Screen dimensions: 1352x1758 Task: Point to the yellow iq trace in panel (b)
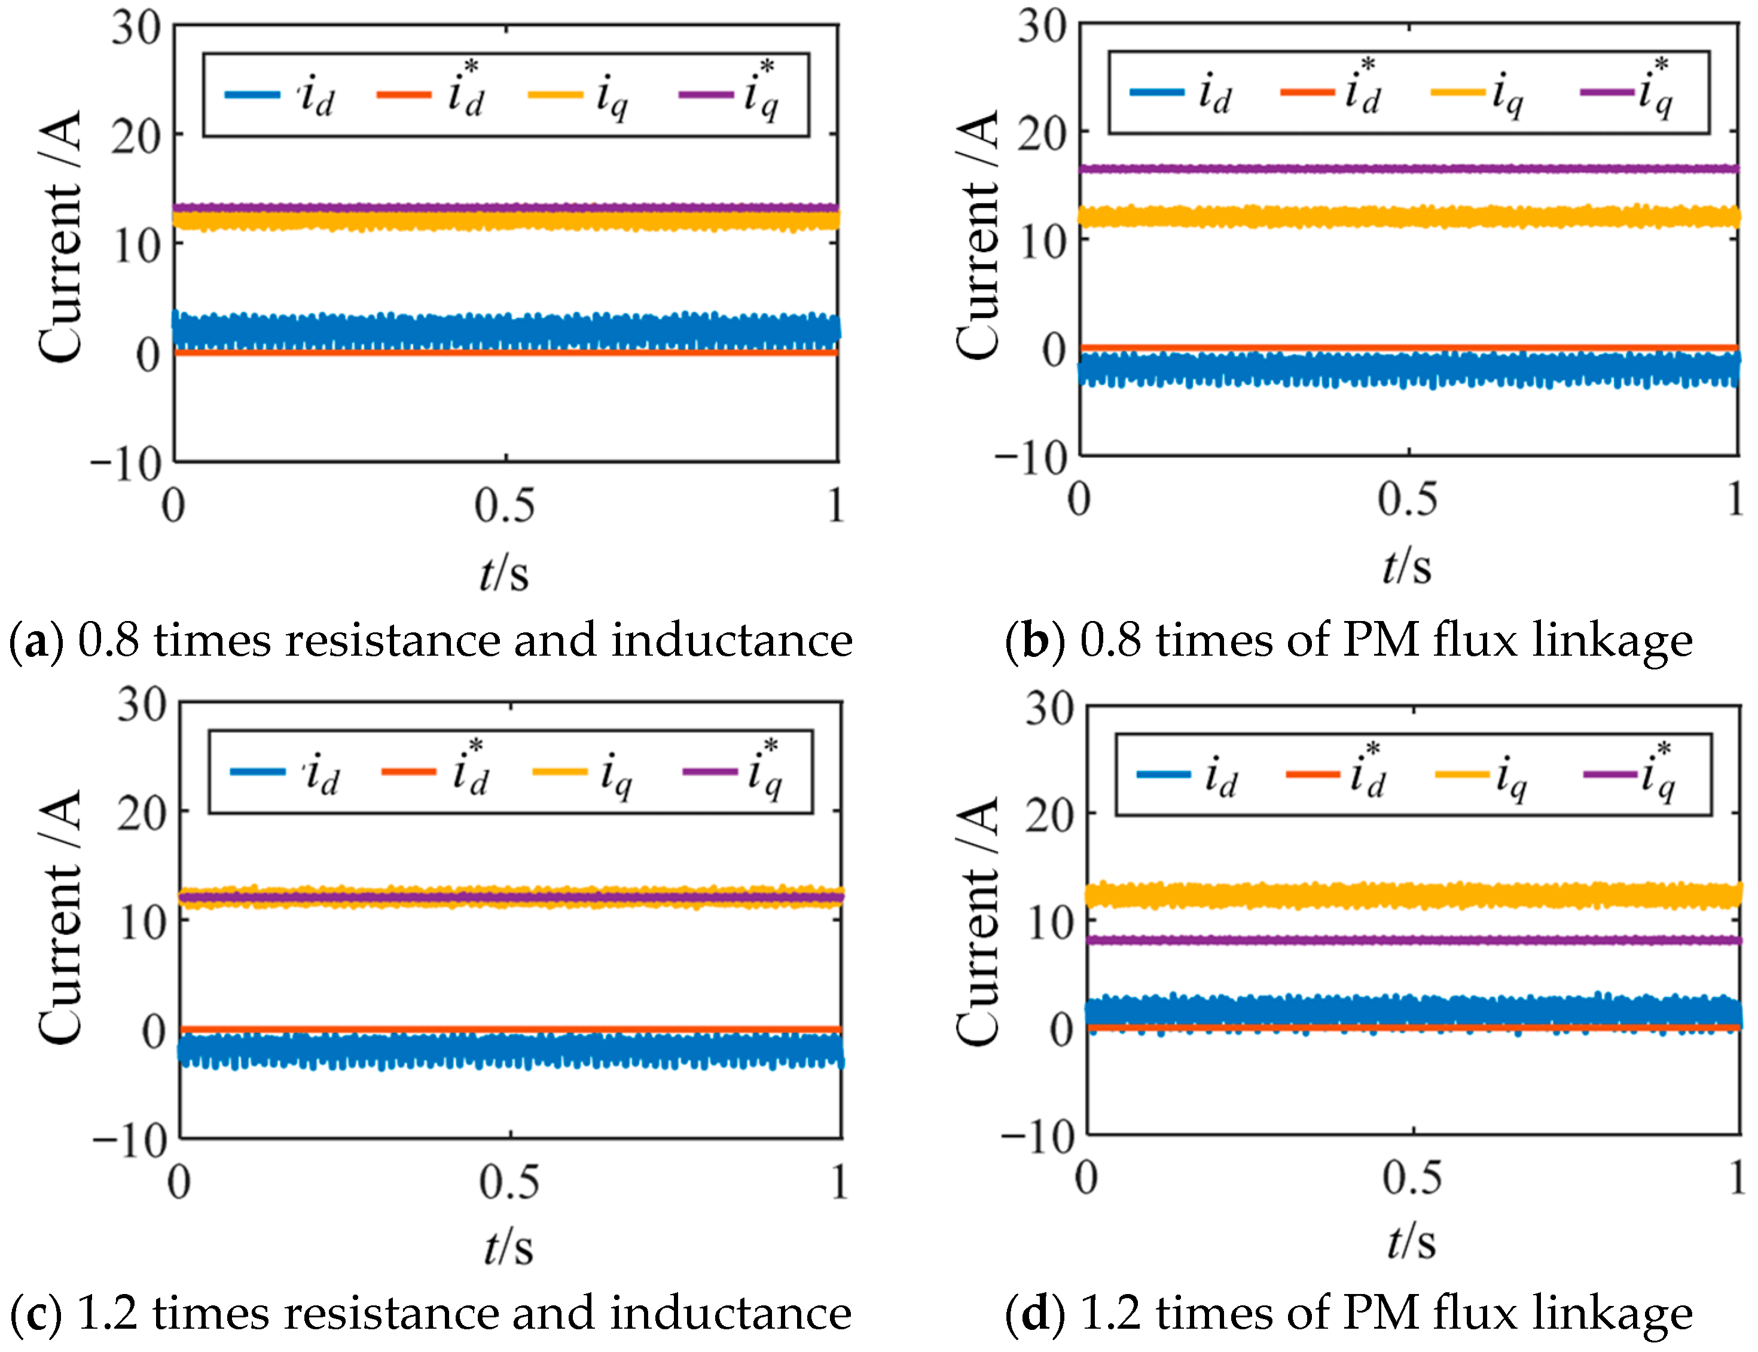coord(1409,216)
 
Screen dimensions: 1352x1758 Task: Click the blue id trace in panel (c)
coord(510,1051)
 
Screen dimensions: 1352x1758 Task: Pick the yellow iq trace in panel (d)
coord(1414,895)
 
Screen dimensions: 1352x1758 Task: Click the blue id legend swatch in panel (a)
coord(252,95)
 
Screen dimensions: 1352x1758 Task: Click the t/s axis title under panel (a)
coord(504,574)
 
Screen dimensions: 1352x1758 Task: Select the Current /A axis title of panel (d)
coord(977,922)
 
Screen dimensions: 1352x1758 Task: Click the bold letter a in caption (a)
coord(35,642)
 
